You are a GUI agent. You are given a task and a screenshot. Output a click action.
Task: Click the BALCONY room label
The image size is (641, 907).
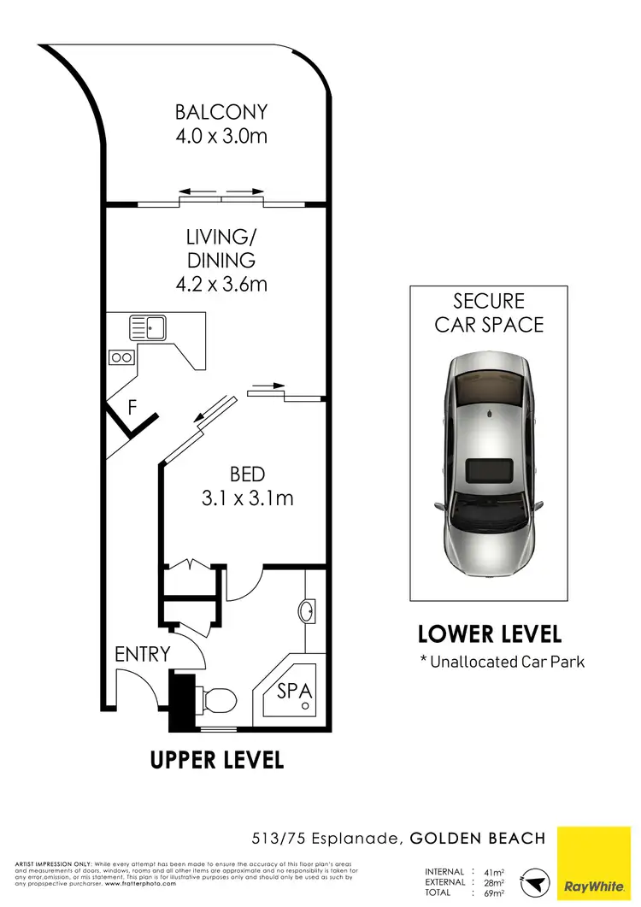click(221, 112)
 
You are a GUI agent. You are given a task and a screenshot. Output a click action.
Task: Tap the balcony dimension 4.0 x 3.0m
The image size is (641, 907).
click(221, 135)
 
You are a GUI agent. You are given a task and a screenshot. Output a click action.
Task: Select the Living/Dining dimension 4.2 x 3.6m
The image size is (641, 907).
click(221, 284)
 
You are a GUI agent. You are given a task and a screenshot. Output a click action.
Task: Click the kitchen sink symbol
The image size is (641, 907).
click(149, 326)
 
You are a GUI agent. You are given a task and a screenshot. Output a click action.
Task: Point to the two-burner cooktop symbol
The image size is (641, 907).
click(121, 358)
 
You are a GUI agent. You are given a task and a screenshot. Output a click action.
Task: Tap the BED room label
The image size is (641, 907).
click(247, 474)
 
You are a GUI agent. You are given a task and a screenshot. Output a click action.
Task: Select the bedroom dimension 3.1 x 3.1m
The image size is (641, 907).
click(247, 498)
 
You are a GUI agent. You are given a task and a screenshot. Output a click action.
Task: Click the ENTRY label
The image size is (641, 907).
click(143, 655)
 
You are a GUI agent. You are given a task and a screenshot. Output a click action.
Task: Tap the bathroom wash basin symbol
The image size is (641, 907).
click(306, 612)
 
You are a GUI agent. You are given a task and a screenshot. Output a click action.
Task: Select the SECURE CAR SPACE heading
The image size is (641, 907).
click(488, 313)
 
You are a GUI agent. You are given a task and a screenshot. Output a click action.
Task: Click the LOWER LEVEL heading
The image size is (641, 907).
click(489, 634)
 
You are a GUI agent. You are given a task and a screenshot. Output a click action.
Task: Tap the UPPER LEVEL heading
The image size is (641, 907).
click(217, 759)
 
